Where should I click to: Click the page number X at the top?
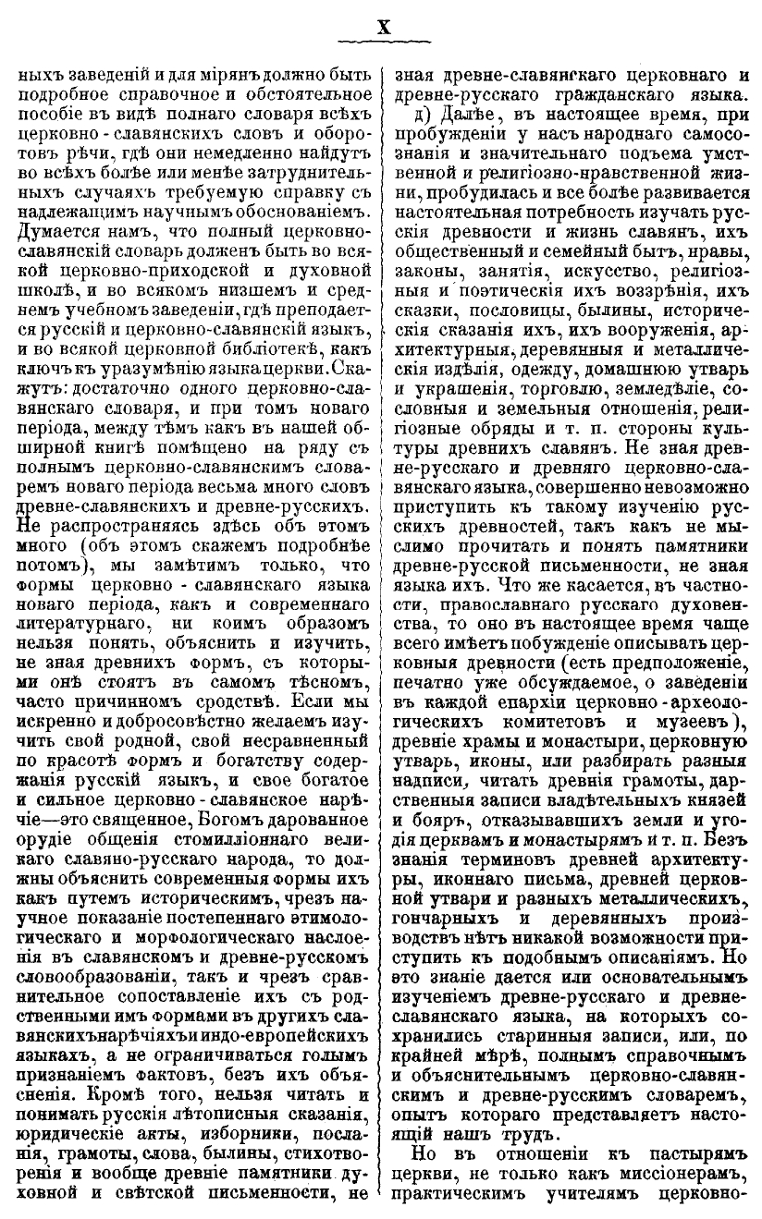382,28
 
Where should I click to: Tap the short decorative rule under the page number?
382,43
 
